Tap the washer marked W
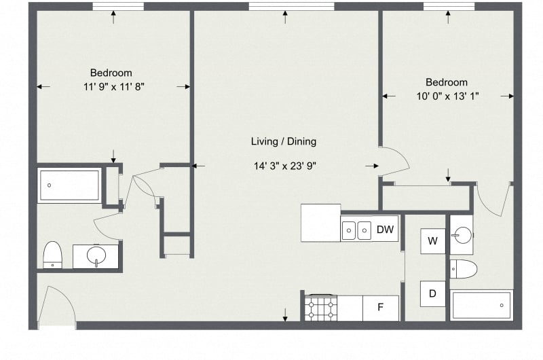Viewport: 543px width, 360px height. [432, 240]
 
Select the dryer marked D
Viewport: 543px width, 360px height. [432, 293]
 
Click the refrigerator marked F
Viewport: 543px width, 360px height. [381, 308]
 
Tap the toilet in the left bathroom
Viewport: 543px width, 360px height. [53, 255]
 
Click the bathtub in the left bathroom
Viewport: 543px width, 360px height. [70, 185]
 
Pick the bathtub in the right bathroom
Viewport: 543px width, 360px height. [481, 306]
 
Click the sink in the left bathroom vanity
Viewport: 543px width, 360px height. [96, 257]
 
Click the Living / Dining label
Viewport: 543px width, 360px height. [284, 142]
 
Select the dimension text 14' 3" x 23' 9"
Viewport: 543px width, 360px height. [284, 165]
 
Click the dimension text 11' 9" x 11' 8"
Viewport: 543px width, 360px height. [111, 86]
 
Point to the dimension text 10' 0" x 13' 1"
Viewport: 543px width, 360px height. [447, 96]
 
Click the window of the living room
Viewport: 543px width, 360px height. [291, 7]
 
